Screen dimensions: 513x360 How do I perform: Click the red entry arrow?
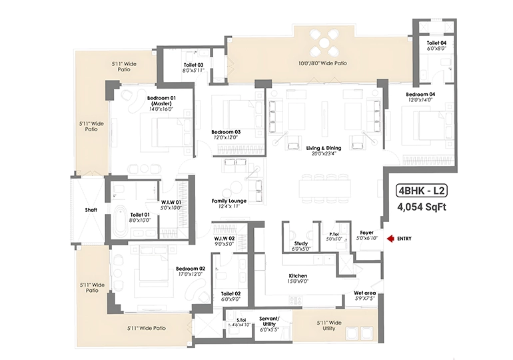[390, 239]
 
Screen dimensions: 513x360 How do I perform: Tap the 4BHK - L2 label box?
[421, 191]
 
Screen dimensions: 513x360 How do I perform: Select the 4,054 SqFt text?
[421, 207]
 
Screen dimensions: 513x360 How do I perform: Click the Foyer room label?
[366, 233]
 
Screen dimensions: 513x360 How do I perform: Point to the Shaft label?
[91, 210]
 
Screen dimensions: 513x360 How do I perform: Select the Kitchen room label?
[298, 276]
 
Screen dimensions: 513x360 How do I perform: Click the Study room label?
[300, 243]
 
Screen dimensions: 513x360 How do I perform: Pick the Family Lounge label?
[229, 201]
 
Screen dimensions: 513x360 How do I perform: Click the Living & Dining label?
[324, 148]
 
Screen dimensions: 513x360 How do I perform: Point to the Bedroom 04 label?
[420, 94]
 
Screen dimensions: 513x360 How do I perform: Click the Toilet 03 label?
[193, 65]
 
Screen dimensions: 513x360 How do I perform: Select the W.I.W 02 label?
[225, 239]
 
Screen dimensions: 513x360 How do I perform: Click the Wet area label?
[365, 293]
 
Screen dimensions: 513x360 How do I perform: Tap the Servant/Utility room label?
[269, 321]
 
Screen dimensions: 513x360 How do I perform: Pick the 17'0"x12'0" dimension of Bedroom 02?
[190, 274]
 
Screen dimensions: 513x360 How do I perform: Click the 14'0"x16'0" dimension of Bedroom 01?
[161, 109]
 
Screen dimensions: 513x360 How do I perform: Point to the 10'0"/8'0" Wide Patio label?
[322, 63]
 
